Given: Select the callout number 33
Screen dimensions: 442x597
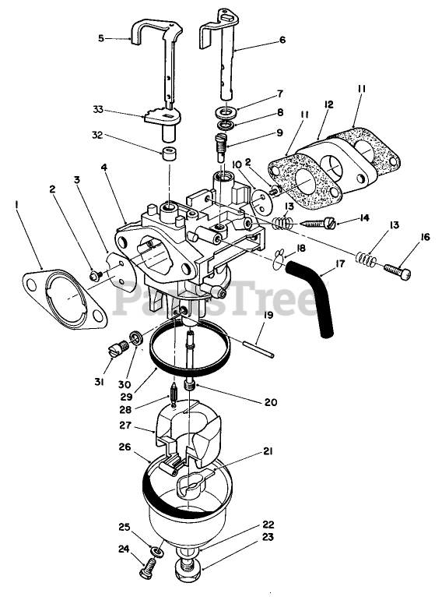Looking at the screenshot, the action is [98, 110].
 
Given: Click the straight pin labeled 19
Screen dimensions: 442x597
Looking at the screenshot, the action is [257, 348].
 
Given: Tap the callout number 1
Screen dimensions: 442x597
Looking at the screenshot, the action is [16, 206].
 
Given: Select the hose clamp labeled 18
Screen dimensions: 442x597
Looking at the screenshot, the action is [279, 259].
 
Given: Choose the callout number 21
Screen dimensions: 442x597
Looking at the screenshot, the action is [268, 451].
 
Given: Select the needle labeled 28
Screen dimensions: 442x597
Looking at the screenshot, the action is [172, 396].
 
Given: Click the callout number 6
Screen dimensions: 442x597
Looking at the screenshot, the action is [282, 40].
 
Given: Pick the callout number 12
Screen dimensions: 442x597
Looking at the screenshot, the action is [328, 104].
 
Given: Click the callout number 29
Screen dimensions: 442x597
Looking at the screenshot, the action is [127, 396].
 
